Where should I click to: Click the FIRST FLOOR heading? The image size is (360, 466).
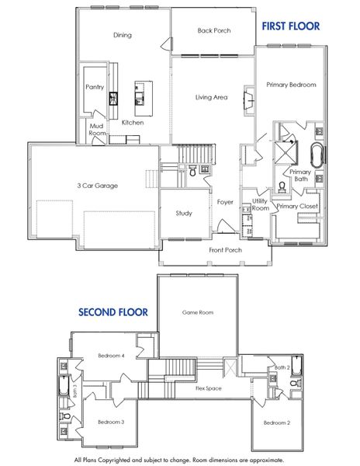290,26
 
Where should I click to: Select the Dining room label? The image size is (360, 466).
123,35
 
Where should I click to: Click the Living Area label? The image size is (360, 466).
211,97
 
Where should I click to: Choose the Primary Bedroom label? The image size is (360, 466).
291,85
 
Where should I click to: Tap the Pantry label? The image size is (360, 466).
95,88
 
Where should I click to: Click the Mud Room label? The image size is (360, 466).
97,129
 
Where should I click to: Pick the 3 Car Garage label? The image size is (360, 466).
97,186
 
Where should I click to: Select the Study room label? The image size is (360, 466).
184,214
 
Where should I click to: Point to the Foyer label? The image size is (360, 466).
225,202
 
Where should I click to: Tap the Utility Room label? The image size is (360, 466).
260,205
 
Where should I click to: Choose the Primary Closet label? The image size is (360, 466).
297,206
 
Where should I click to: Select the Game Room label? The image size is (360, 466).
198,312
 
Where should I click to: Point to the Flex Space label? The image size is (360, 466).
209,387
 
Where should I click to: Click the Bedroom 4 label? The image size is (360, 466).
111,356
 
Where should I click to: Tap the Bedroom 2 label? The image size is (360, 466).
276,423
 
